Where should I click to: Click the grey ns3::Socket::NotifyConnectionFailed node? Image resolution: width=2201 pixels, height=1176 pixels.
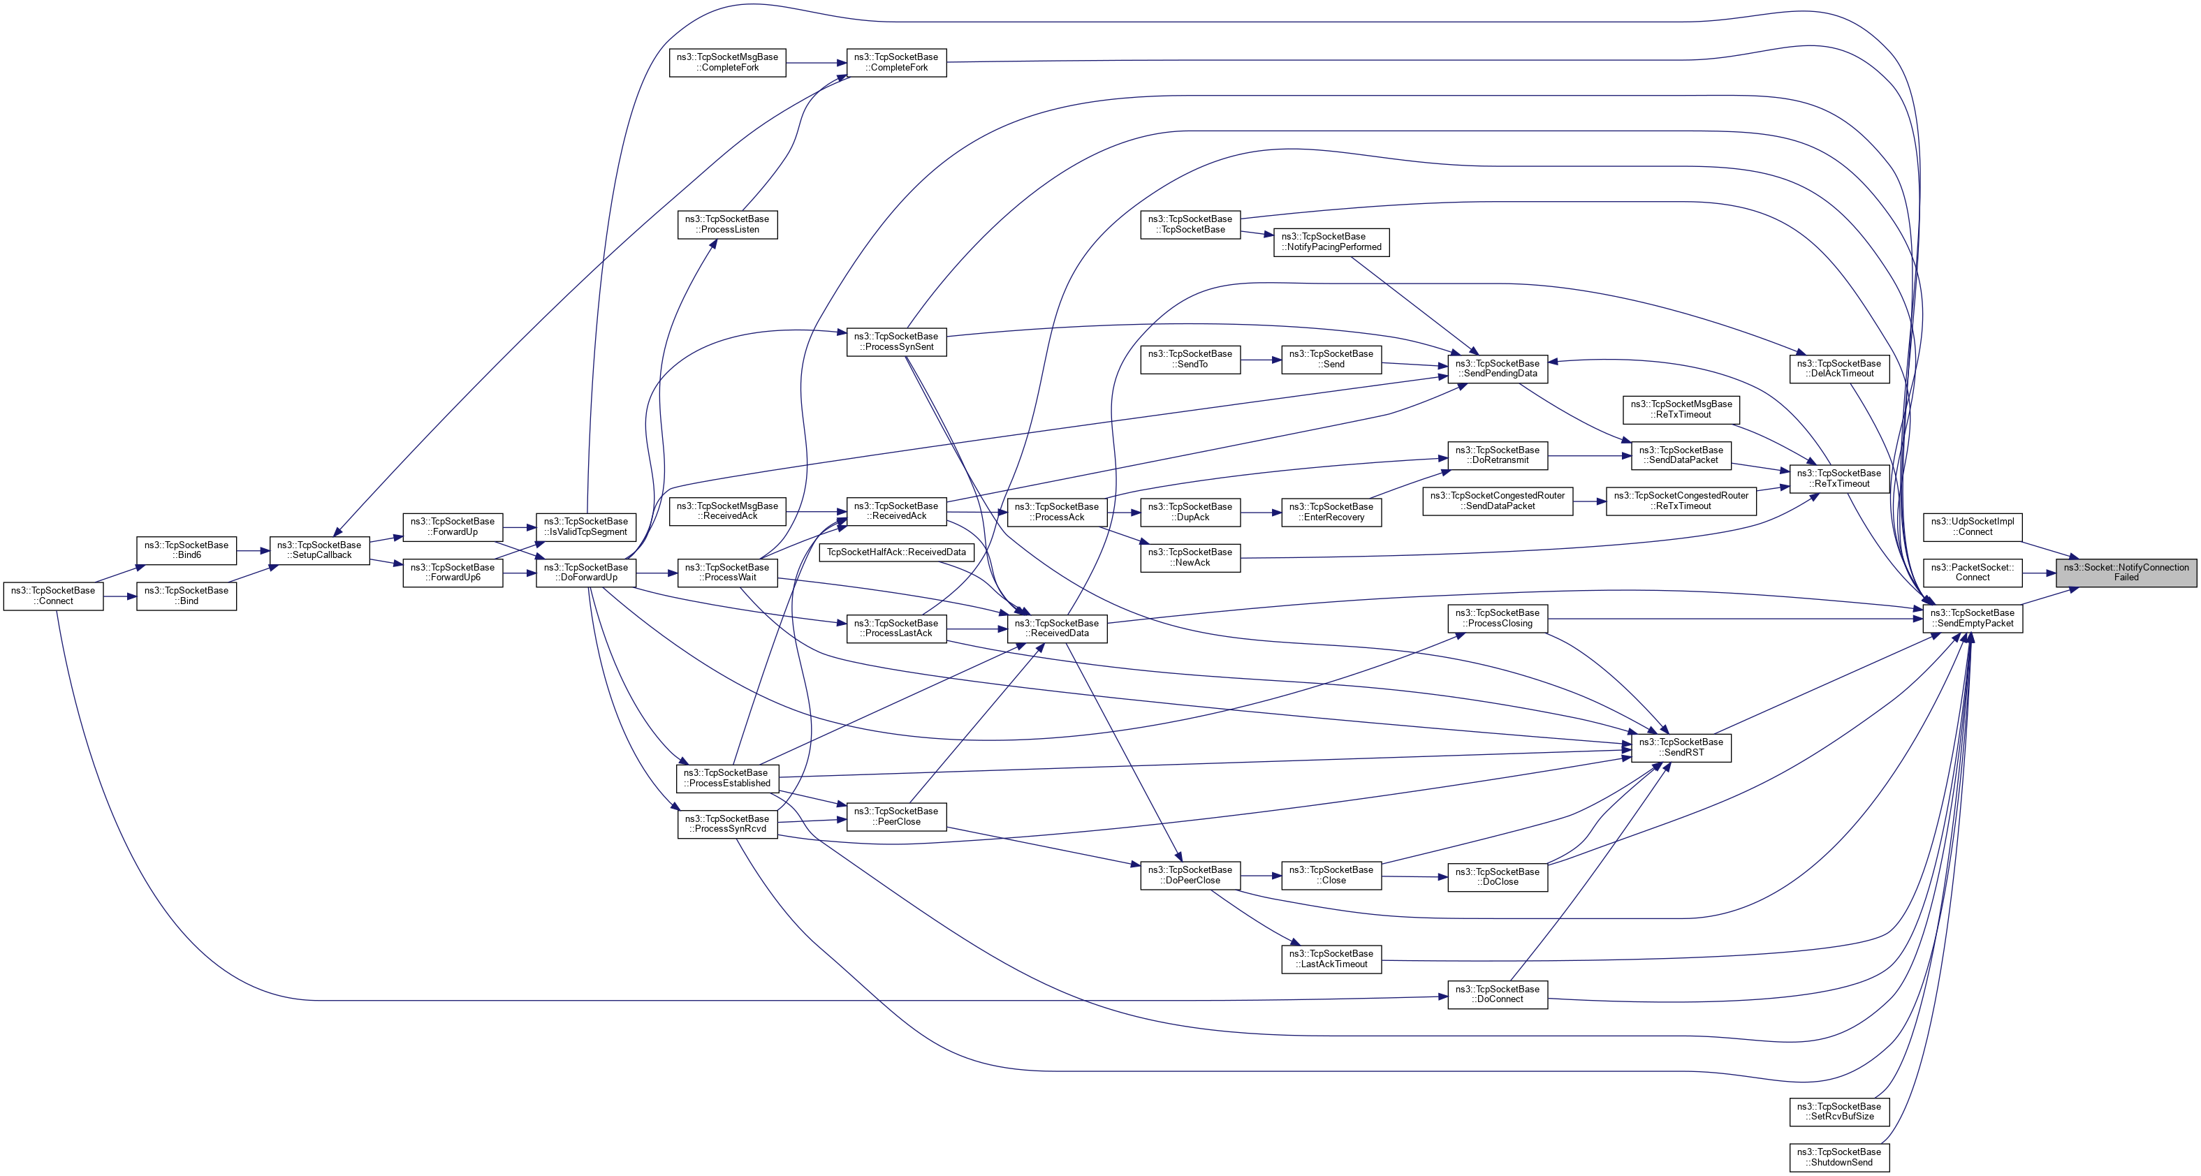click(2125, 572)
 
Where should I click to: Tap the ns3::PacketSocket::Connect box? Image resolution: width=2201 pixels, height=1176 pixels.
click(1972, 572)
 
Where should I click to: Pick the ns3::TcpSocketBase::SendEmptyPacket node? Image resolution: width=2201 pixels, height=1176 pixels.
click(1972, 618)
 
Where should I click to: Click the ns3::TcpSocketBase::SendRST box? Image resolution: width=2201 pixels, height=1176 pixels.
click(1681, 747)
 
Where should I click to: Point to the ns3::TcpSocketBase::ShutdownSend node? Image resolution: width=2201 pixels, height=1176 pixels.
click(1838, 1157)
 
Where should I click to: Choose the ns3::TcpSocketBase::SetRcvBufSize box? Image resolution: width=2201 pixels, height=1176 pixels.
click(1838, 1111)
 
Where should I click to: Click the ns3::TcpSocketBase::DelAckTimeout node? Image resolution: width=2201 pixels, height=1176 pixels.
click(1838, 368)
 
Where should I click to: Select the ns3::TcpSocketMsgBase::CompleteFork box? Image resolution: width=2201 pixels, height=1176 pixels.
click(727, 62)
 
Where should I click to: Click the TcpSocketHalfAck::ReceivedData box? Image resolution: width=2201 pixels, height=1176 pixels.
click(896, 552)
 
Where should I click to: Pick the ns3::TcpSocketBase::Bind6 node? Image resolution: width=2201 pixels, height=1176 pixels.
click(187, 550)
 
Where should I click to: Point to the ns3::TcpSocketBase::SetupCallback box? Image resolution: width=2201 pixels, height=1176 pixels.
click(319, 550)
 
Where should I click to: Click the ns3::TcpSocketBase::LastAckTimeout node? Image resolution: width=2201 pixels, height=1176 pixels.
click(1331, 959)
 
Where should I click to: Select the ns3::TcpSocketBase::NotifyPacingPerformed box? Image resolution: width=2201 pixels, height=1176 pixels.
click(1331, 242)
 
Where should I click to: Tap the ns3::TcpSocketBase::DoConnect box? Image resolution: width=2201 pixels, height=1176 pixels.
click(1497, 994)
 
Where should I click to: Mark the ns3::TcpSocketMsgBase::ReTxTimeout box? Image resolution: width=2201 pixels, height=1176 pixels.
click(1681, 409)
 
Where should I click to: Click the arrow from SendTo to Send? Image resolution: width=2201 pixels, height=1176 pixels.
click(1260, 360)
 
